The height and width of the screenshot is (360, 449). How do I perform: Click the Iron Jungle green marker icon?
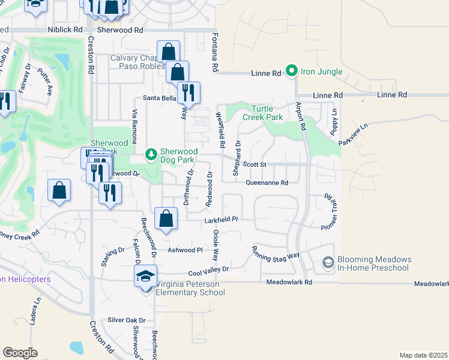[292, 71]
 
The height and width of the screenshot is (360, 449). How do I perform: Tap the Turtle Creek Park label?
[267, 113]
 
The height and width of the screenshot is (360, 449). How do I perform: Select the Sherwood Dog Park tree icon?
[152, 155]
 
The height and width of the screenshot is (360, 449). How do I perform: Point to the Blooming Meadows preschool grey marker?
[328, 263]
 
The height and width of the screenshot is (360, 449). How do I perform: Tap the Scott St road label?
[254, 164]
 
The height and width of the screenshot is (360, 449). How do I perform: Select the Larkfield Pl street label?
[222, 220]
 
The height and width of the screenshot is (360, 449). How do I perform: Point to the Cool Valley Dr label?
[209, 270]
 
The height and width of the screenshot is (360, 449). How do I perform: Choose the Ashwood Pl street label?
[185, 250]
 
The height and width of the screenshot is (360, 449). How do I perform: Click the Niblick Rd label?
[65, 29]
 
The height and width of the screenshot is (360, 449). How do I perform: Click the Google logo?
[20, 353]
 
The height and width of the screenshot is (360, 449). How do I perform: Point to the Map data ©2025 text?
[423, 355]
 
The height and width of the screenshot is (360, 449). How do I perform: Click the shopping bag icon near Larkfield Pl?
[166, 218]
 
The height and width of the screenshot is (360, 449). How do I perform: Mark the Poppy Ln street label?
[335, 125]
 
